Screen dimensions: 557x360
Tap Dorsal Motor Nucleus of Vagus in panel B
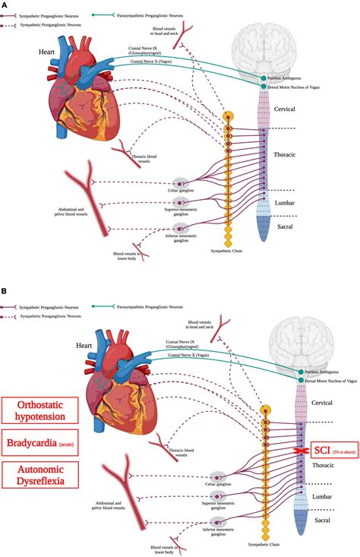pos(332,380)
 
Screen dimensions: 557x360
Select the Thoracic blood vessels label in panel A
pos(144,160)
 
